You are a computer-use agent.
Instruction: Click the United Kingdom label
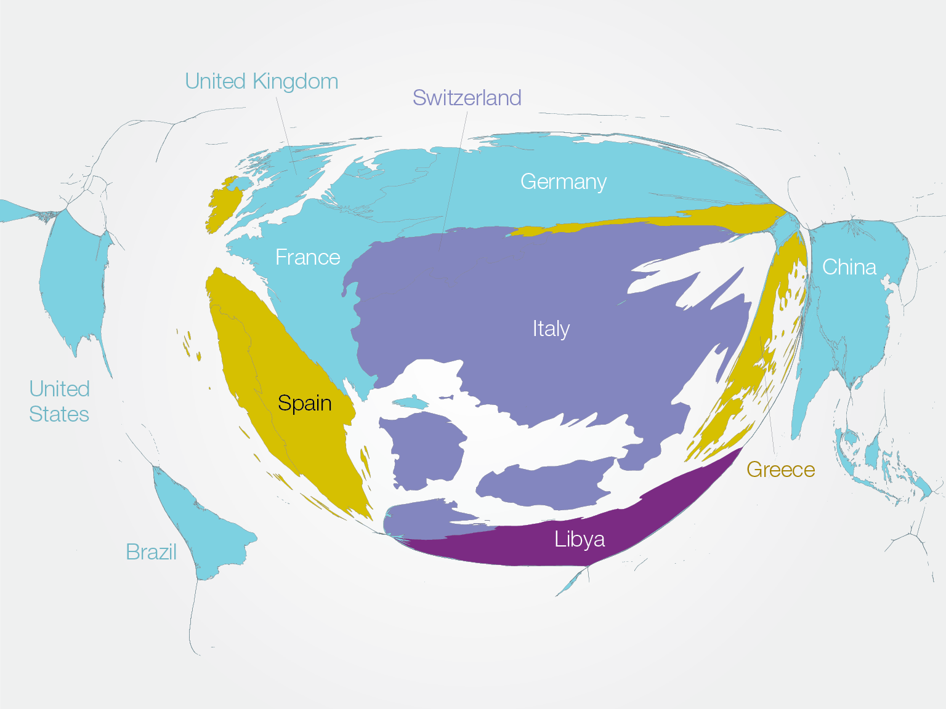[x=261, y=81]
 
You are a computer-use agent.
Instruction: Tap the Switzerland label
[x=467, y=98]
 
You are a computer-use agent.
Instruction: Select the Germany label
[x=564, y=182]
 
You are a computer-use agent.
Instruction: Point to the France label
[x=307, y=257]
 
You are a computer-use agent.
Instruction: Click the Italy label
[x=551, y=329]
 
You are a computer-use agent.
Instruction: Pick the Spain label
[x=304, y=403]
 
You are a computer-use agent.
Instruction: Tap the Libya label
[x=579, y=539]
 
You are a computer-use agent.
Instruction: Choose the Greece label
[x=780, y=470]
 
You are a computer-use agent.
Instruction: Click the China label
[x=849, y=267]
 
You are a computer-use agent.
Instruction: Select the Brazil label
[x=151, y=552]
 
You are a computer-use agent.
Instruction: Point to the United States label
[x=59, y=401]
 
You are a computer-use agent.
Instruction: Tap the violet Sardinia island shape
[x=425, y=449]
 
